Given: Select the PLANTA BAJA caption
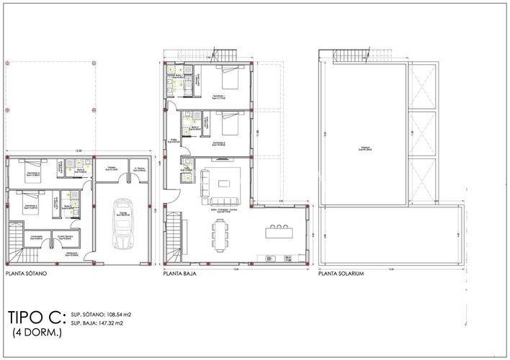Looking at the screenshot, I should (x=180, y=274).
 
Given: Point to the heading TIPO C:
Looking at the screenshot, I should (x=36, y=318).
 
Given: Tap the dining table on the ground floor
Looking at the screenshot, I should (x=221, y=232).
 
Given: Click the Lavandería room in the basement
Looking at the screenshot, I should (x=35, y=237).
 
